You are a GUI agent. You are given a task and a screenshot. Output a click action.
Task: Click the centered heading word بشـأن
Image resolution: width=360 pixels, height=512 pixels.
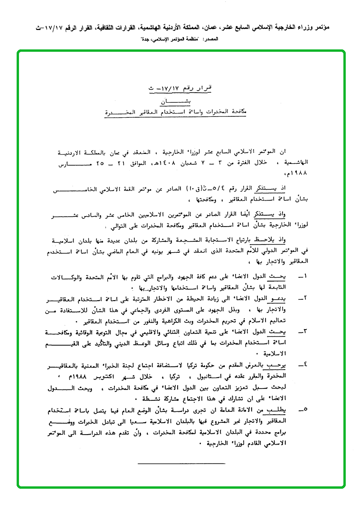(170, 101)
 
